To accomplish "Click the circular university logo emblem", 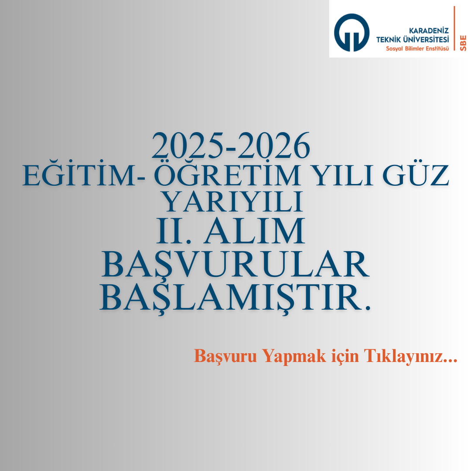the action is click(352, 32).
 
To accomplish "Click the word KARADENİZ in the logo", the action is click(429, 31).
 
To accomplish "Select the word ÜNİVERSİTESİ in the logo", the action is click(426, 39).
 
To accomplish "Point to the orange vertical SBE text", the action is click(463, 43).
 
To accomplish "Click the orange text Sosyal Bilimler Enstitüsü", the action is click(417, 48).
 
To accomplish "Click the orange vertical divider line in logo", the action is click(454, 28).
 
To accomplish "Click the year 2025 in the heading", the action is click(188, 146).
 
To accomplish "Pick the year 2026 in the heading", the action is click(274, 146).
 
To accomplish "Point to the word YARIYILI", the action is click(232, 201).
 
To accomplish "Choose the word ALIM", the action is click(254, 231).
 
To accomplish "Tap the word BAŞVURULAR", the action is click(235, 264).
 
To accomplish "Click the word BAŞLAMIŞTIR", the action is click(235, 297).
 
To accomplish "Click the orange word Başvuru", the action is click(225, 356).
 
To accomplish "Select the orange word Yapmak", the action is click(294, 357).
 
